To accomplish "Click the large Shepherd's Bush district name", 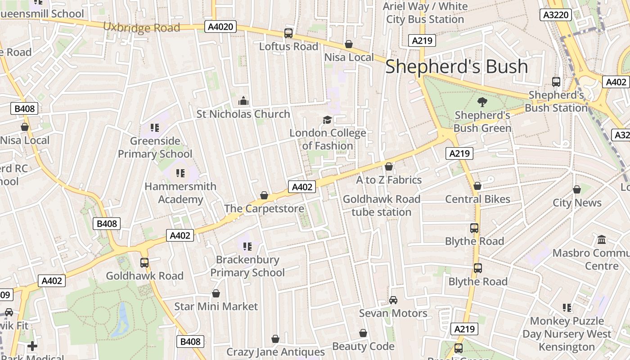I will click(x=456, y=67).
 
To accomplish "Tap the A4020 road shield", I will click(x=220, y=27).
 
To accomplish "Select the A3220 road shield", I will click(x=556, y=15).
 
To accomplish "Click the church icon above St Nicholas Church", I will click(x=243, y=100).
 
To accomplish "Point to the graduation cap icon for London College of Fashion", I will click(x=327, y=120).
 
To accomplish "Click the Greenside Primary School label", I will click(x=155, y=147).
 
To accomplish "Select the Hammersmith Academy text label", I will click(x=180, y=193).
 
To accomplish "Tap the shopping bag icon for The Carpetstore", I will click(x=264, y=195).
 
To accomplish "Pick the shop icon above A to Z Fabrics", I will click(x=389, y=167).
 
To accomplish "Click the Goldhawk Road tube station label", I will click(x=382, y=205).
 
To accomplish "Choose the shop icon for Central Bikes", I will click(x=477, y=186).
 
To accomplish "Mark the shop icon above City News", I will click(x=577, y=189).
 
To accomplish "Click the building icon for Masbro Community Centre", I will click(x=601, y=239).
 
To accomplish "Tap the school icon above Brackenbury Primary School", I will click(x=247, y=246).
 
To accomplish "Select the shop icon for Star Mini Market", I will click(x=216, y=293).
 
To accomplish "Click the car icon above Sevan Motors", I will click(x=393, y=300).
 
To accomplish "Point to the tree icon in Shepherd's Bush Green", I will click(x=482, y=102).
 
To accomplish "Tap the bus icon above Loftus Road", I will click(x=288, y=33).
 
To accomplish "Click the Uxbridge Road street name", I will click(x=141, y=27).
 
